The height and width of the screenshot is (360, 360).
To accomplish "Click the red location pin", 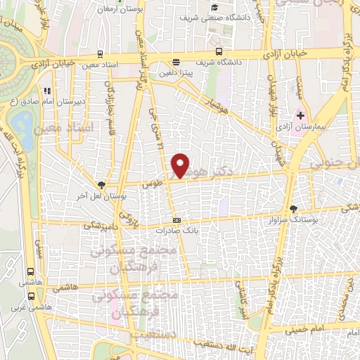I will click(x=181, y=165).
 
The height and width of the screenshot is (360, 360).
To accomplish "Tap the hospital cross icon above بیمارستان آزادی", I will click(x=301, y=115).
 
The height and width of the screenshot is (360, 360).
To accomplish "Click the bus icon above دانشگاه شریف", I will click(x=219, y=51).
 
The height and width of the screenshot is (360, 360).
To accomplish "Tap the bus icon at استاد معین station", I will click(x=101, y=53).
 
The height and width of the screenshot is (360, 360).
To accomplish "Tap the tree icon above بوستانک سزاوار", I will click(x=294, y=209).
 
